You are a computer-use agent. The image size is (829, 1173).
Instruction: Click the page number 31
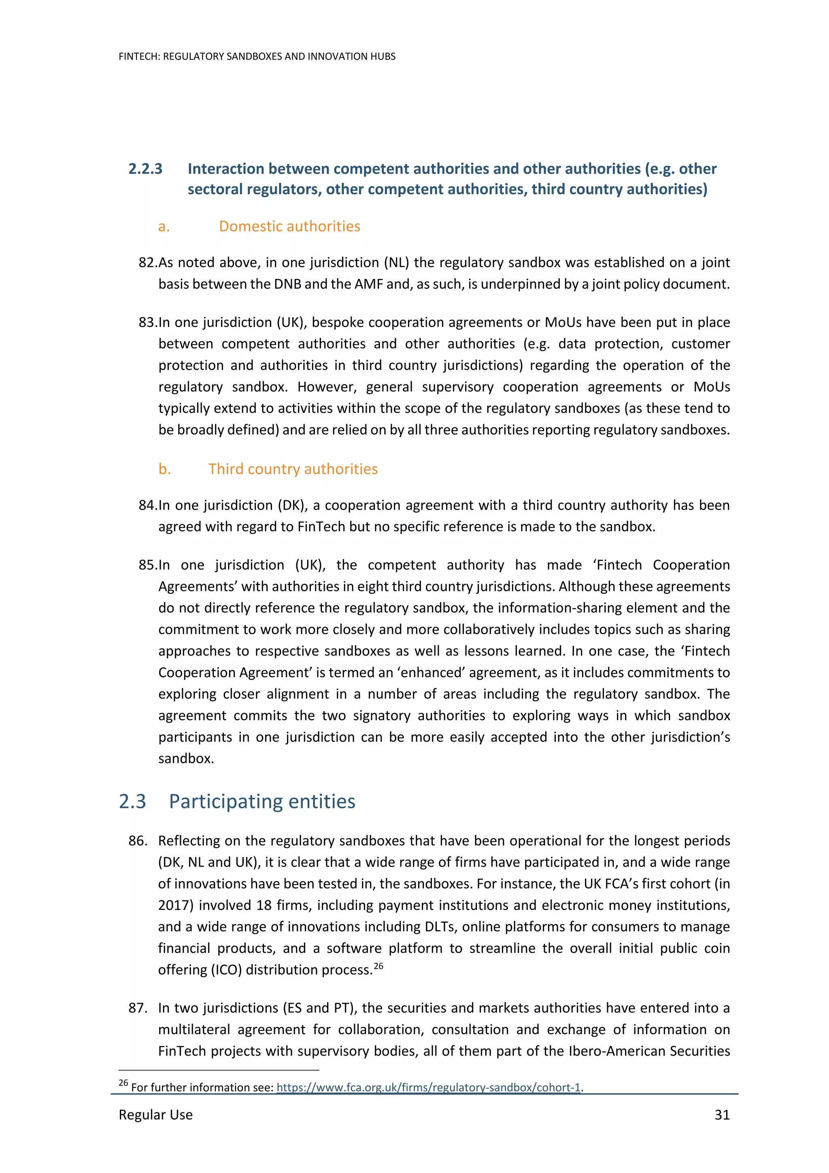click(x=722, y=1114)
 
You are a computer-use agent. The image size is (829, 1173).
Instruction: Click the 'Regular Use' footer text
click(x=156, y=1114)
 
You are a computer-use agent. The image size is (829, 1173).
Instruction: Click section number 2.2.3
click(x=146, y=169)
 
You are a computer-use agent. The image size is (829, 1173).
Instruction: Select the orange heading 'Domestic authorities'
click(x=289, y=226)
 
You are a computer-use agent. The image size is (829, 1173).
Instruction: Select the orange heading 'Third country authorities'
click(x=293, y=469)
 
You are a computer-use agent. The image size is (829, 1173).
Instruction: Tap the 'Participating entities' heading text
click(x=262, y=801)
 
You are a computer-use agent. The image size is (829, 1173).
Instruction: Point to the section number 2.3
click(x=132, y=801)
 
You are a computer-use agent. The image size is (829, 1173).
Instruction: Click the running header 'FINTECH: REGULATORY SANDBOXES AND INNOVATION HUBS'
click(x=257, y=57)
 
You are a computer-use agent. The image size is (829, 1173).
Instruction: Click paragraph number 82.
click(x=148, y=263)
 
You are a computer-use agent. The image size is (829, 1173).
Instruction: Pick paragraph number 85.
click(x=148, y=565)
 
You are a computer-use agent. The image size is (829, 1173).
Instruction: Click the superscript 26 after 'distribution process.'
click(x=378, y=966)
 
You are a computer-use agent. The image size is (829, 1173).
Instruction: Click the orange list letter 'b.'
click(x=164, y=469)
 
